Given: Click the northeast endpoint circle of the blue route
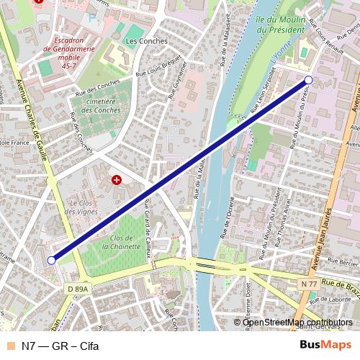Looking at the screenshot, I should tap(308, 80).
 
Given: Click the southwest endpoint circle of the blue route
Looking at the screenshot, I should tap(50, 260).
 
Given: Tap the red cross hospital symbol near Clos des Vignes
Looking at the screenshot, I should tap(116, 179).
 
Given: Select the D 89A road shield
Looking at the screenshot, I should tap(78, 288).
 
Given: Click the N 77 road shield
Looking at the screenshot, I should tap(310, 284).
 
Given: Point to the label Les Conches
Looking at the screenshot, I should tap(146, 41).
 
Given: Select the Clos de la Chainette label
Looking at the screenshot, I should tap(122, 241).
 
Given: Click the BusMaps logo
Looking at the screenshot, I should tap(325, 346).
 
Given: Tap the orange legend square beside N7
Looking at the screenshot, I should tap(9, 346).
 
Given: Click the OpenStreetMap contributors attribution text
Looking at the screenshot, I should tap(297, 322).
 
